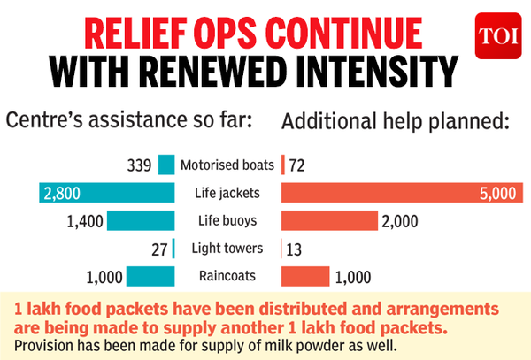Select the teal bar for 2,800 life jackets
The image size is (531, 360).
point(106,193)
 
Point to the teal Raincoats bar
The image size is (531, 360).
point(151,277)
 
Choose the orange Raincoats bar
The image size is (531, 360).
point(305,277)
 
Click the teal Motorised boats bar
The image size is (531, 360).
point(166,165)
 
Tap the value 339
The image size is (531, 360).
point(139,165)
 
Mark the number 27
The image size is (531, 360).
point(159,249)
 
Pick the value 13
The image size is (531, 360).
point(295,249)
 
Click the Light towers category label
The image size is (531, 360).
point(228,249)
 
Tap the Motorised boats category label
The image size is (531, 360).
point(228,165)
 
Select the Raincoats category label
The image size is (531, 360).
point(228,277)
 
